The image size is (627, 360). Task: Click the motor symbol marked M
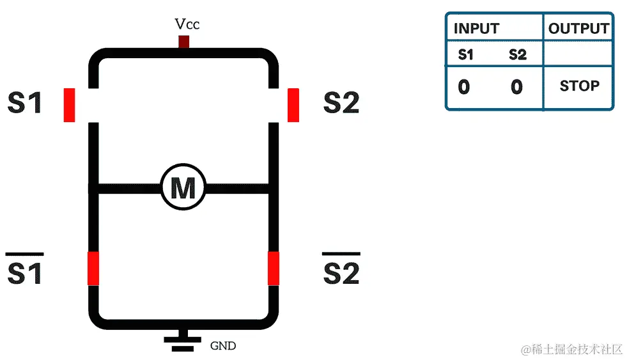pyautogui.click(x=183, y=188)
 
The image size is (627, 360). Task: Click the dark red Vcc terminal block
pyautogui.click(x=183, y=42)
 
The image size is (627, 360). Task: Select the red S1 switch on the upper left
pyautogui.click(x=69, y=105)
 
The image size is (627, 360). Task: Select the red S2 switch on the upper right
pyautogui.click(x=293, y=105)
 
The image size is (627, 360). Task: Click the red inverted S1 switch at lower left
pyautogui.click(x=93, y=268)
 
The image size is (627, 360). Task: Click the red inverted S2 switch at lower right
pyautogui.click(x=274, y=268)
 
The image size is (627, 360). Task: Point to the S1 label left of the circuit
pyautogui.click(x=25, y=103)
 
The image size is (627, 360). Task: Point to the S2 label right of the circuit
pyautogui.click(x=341, y=103)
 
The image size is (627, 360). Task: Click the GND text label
pyautogui.click(x=223, y=346)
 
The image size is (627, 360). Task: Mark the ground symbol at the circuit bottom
pyautogui.click(x=183, y=342)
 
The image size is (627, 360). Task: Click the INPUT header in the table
pyautogui.click(x=476, y=29)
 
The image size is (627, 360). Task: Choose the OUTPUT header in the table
pyautogui.click(x=578, y=29)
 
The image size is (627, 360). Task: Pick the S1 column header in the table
pyautogui.click(x=466, y=55)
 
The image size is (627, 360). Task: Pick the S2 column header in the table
pyautogui.click(x=518, y=55)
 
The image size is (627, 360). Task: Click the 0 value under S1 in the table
pyautogui.click(x=464, y=86)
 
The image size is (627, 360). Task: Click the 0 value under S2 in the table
pyautogui.click(x=516, y=86)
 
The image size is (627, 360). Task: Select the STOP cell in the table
pyautogui.click(x=579, y=86)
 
